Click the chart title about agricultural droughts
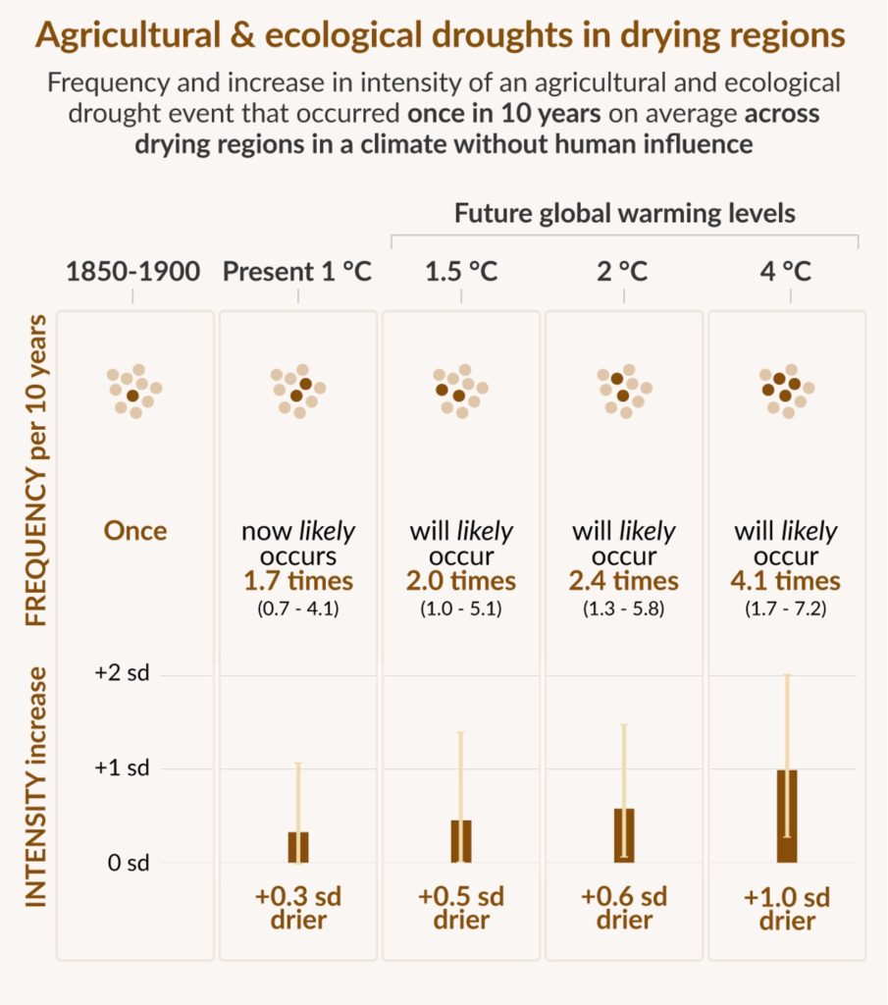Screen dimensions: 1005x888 click(441, 37)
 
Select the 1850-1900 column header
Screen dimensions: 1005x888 click(133, 272)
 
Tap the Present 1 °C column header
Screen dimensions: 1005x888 click(297, 272)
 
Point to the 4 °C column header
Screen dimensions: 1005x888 click(786, 272)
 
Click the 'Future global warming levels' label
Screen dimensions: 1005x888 click(624, 213)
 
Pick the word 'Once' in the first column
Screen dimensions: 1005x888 click(135, 531)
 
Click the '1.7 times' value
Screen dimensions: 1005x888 click(298, 580)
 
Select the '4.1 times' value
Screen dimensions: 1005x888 click(787, 580)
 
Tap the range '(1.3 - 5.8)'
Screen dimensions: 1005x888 click(624, 608)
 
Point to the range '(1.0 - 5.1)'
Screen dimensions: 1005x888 click(461, 608)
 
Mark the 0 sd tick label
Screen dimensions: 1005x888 click(129, 864)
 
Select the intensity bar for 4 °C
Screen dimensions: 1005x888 click(787, 817)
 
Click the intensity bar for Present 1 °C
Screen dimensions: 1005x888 click(298, 847)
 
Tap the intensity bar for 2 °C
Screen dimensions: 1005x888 click(624, 836)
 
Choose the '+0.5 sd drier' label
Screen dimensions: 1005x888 click(461, 908)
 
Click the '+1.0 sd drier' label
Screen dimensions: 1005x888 click(787, 908)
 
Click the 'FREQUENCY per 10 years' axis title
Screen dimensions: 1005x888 click(36, 471)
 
